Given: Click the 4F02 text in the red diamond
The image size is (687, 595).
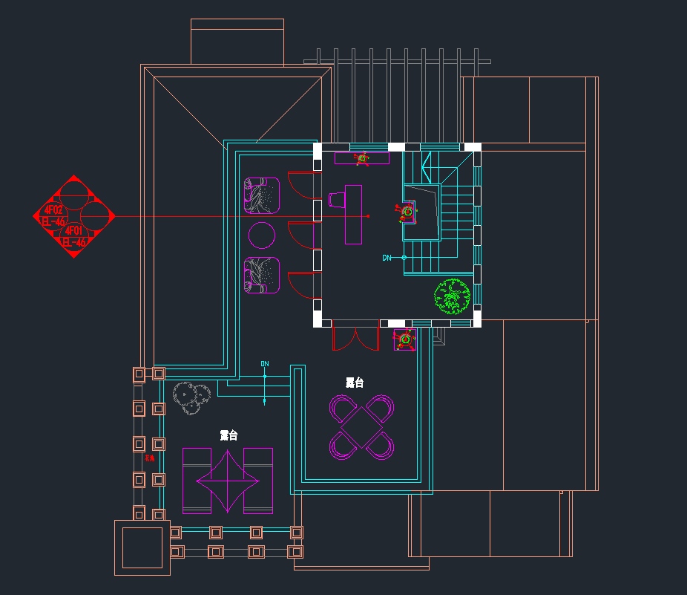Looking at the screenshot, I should pyautogui.click(x=54, y=210).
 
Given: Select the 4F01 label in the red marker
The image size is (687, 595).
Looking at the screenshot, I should pyautogui.click(x=74, y=231).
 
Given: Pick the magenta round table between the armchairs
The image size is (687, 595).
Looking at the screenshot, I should pyautogui.click(x=262, y=235).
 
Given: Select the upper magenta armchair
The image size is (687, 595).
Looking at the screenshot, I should pyautogui.click(x=261, y=195).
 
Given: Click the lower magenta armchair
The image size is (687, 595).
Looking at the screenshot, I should pyautogui.click(x=261, y=275).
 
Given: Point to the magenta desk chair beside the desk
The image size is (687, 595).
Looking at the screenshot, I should pyautogui.click(x=337, y=200).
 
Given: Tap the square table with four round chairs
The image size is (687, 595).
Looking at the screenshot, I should pyautogui.click(x=362, y=426).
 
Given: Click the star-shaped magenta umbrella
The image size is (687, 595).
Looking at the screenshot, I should pyautogui.click(x=228, y=481).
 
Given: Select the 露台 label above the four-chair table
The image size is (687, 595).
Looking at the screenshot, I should pyautogui.click(x=355, y=383).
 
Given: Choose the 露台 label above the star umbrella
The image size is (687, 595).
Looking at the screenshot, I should pyautogui.click(x=229, y=435).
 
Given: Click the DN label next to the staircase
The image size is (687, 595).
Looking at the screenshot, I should pyautogui.click(x=387, y=258).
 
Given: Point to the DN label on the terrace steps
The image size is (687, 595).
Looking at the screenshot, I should pyautogui.click(x=265, y=364).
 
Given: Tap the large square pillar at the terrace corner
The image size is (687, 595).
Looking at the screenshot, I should pyautogui.click(x=142, y=547).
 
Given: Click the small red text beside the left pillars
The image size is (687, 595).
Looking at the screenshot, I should pyautogui.click(x=150, y=458).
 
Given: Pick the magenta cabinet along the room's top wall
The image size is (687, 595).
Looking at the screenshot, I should pyautogui.click(x=362, y=158).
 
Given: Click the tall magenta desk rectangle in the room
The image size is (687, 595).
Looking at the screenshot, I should pyautogui.click(x=354, y=214).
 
